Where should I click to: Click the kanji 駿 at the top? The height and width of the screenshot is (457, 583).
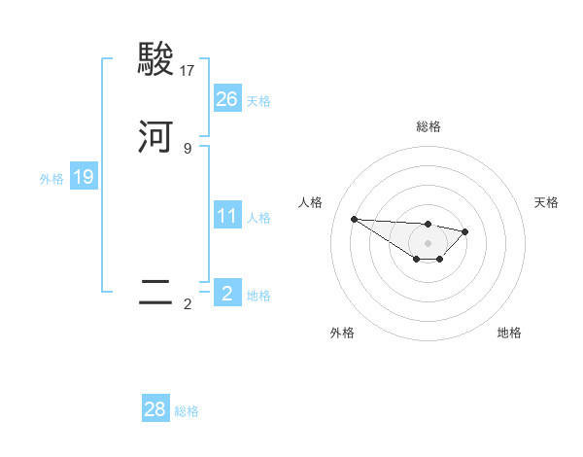click(x=155, y=60)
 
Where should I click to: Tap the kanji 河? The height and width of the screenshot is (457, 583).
click(x=155, y=136)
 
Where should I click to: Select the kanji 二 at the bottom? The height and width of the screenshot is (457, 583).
click(x=155, y=293)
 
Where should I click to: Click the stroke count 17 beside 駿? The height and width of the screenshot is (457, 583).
click(x=188, y=71)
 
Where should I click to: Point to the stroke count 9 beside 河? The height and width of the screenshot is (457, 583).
click(x=188, y=148)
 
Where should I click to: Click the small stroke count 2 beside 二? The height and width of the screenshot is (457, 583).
click(x=188, y=304)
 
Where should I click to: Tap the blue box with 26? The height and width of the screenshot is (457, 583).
click(x=226, y=98)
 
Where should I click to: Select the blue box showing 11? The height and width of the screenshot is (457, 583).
click(x=226, y=216)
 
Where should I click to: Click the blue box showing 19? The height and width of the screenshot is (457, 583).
click(x=83, y=177)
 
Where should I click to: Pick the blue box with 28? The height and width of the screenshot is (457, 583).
click(x=155, y=409)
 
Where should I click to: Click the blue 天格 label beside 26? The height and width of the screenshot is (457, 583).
click(x=258, y=101)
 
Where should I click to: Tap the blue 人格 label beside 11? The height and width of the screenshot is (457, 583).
click(x=258, y=218)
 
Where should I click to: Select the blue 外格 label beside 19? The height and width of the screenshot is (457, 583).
click(x=51, y=179)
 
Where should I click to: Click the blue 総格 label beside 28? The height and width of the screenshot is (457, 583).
click(x=187, y=411)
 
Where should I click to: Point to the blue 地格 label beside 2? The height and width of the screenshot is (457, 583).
click(x=258, y=296)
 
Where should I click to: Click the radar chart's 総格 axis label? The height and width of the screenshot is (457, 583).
click(x=429, y=126)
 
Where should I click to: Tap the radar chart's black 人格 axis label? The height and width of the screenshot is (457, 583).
click(x=311, y=202)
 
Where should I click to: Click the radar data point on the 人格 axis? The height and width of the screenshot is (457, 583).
click(x=354, y=219)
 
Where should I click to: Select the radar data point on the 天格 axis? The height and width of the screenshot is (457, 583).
click(x=465, y=231)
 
